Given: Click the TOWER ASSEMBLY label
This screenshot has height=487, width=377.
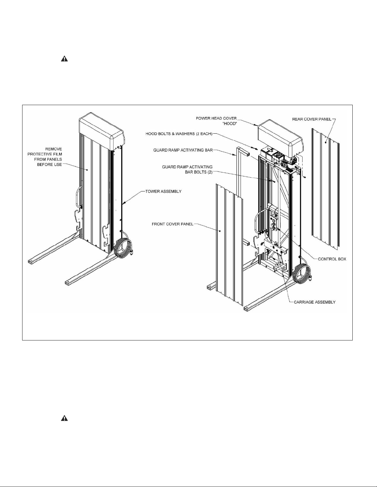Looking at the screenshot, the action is click(x=163, y=191).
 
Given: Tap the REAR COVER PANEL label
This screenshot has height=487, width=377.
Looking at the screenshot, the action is click(x=312, y=119).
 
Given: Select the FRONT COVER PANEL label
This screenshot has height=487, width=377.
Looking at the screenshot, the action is click(x=173, y=224).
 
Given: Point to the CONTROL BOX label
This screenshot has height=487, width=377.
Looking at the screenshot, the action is click(x=332, y=259).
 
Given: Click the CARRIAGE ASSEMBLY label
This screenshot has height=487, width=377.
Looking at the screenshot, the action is click(x=315, y=302).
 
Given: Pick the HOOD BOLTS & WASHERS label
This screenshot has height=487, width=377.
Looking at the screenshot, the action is click(x=179, y=134).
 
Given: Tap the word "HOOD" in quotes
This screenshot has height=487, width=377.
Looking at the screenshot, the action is click(x=230, y=124).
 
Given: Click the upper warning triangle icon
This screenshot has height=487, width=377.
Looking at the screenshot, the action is click(x=64, y=59).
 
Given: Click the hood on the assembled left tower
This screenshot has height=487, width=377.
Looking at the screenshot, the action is click(x=102, y=131).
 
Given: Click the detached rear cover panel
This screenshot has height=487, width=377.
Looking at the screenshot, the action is click(x=325, y=188).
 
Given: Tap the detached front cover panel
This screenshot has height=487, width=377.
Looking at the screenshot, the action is click(x=229, y=244).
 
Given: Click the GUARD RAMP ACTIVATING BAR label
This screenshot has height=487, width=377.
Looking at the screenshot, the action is click(x=183, y=150).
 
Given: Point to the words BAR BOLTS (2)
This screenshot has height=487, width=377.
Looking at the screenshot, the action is click(x=199, y=172).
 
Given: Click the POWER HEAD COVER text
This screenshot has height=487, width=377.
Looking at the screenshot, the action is click(x=216, y=118).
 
